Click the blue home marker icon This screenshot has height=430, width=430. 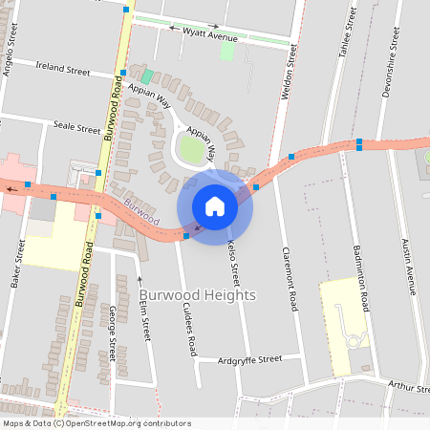pos(215,206)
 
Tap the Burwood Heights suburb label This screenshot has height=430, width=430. pos(198,295)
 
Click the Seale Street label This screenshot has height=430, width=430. pos(76,127)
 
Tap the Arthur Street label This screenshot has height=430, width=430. pos(408,386)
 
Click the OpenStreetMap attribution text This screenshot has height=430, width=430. pos(97,423)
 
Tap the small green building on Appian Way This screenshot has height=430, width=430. pos(147,75)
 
